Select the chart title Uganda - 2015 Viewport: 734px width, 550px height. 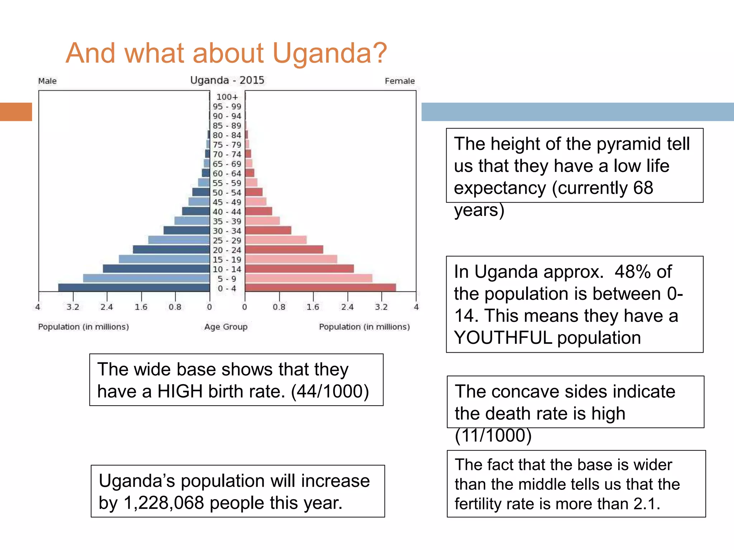pos(227,80)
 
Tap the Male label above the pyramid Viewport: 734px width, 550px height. pos(47,81)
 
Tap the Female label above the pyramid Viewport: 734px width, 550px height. pos(400,81)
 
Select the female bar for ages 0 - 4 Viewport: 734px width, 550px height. pos(320,288)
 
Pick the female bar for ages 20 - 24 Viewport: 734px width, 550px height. pos(284,250)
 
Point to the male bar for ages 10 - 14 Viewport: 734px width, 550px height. pos(156,269)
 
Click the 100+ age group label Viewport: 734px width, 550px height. pos(227,97)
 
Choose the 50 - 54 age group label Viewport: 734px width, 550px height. pos(227,193)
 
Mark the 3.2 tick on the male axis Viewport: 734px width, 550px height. pos(73,307)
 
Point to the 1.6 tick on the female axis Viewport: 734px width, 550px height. pos(313,307)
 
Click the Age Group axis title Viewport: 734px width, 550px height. pos(226,327)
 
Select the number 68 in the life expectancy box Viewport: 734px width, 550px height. pos(643,188)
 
